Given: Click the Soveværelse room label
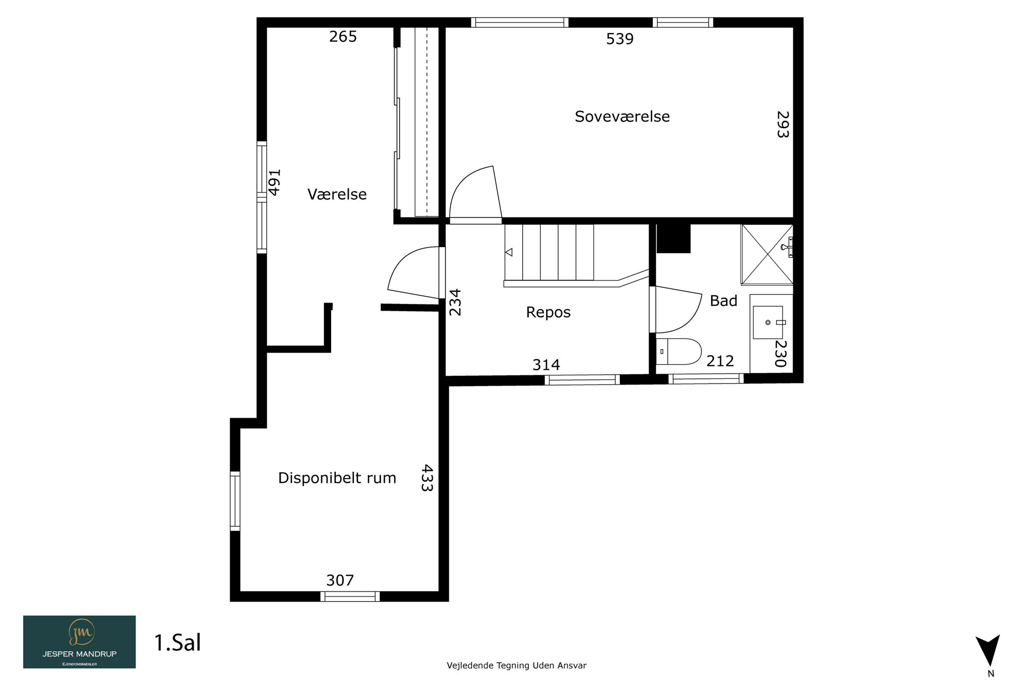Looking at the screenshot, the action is (x=622, y=117).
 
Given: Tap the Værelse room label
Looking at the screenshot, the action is (x=337, y=194).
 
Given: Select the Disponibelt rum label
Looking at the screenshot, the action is (x=337, y=478).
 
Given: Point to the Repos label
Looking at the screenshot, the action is (x=548, y=312).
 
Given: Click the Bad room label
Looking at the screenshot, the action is (x=723, y=301).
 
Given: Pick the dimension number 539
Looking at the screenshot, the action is (x=620, y=39).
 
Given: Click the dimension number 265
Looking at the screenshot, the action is (x=343, y=37).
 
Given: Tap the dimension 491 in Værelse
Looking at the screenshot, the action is (x=274, y=182).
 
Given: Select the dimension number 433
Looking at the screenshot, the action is (x=427, y=478).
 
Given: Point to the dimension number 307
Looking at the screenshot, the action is (x=340, y=580).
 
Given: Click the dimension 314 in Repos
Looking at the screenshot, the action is (x=546, y=365).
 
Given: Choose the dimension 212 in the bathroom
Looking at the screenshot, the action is (x=720, y=361).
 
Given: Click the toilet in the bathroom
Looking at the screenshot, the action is (x=678, y=351).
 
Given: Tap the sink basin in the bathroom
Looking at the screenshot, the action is (x=768, y=323).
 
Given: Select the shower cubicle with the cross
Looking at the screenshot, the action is (x=767, y=254).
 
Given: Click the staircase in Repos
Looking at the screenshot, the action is (x=576, y=255).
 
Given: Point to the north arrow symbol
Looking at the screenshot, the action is (x=988, y=651).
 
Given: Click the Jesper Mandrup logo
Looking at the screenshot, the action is (x=80, y=642).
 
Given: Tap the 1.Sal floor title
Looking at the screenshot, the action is (x=178, y=642).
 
